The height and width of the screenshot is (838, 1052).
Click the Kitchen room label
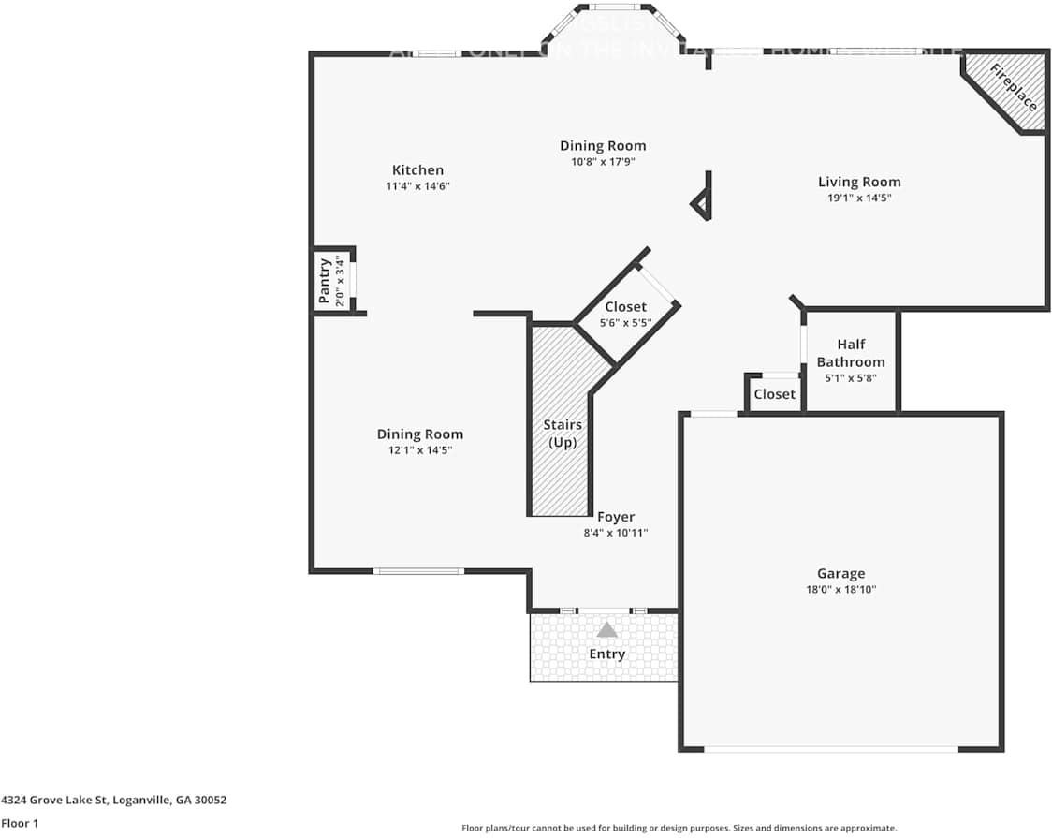click(417, 170)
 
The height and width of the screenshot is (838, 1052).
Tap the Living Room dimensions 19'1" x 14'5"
click(858, 198)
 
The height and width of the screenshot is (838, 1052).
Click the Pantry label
click(325, 281)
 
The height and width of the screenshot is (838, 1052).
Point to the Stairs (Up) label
click(563, 434)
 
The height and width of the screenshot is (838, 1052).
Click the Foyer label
click(615, 517)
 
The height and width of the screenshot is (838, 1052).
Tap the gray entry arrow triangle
click(607, 630)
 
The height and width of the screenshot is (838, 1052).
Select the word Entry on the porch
click(606, 654)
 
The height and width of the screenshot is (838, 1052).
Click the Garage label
click(840, 573)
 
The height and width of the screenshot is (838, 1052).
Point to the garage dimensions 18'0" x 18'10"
click(840, 590)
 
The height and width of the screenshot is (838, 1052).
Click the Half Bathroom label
click(850, 353)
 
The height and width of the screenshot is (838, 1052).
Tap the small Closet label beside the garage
click(774, 394)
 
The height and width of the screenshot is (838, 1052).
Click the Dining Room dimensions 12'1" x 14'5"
click(419, 450)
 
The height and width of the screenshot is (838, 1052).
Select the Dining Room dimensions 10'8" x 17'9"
click(603, 161)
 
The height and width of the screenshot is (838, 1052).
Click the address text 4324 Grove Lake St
click(113, 801)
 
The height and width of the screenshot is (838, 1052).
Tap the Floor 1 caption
click(20, 824)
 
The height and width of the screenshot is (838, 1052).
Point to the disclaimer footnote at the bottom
click(679, 828)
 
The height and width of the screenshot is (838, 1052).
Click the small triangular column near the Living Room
click(701, 204)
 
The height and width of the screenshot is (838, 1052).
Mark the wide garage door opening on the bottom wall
click(831, 749)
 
